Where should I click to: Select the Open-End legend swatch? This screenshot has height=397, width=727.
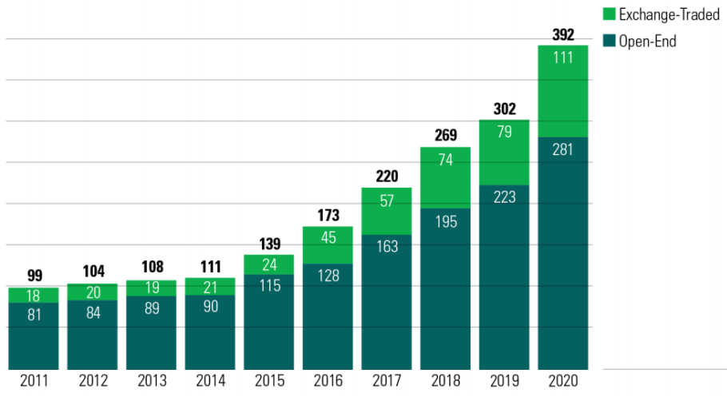610,41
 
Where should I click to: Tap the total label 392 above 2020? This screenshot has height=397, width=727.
562,34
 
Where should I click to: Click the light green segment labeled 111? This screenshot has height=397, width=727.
562,91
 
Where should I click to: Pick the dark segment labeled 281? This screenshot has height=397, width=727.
562,252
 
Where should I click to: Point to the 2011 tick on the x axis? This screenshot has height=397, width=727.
33,380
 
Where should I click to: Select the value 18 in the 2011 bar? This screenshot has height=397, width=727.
33,295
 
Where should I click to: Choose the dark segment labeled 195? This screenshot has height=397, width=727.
445,288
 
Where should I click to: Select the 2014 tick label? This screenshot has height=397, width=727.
209,380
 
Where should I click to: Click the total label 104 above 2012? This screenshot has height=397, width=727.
92,272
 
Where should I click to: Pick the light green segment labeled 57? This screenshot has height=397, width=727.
386,211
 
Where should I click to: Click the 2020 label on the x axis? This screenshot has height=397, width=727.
562,380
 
